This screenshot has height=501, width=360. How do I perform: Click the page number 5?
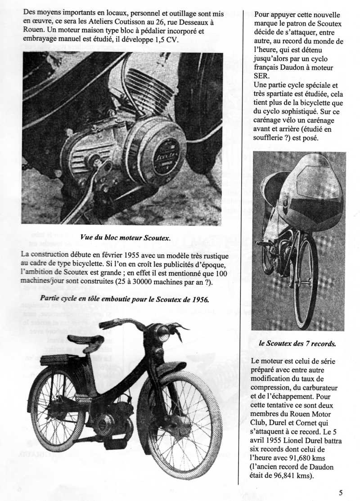pyautogui.click(x=341, y=492)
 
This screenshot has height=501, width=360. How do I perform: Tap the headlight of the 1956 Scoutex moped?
pyautogui.click(x=161, y=333)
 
